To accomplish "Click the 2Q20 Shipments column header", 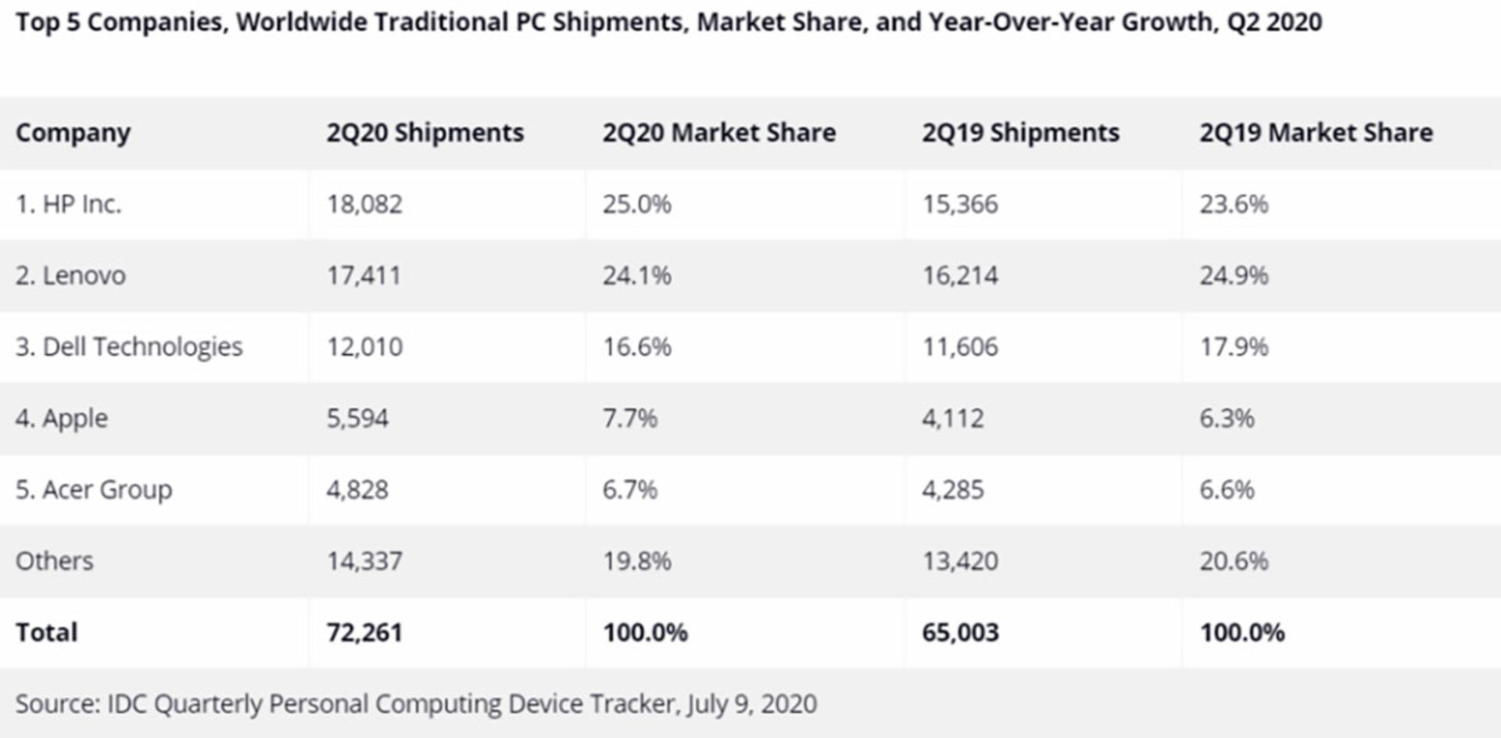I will point(425,133).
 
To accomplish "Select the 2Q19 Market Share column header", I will point(1316,133).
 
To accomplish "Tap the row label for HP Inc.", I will point(69,204).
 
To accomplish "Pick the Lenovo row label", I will point(70,275).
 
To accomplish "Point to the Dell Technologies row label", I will point(129,346).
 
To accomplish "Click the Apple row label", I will point(62,418).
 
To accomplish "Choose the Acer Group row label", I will point(94,489).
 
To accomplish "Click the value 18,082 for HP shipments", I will point(364,204).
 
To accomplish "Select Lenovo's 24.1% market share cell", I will point(636,275).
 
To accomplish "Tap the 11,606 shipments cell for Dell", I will point(960,346).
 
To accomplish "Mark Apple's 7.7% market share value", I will point(629,418).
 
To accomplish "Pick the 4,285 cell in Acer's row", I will point(952,489).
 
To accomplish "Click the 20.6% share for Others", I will point(1234,561).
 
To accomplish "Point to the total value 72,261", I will point(364,632).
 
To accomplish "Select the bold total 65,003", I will point(960,632).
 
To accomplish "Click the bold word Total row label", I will point(47,632).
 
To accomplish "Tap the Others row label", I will point(55,561).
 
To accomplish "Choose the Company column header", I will point(73,133).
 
